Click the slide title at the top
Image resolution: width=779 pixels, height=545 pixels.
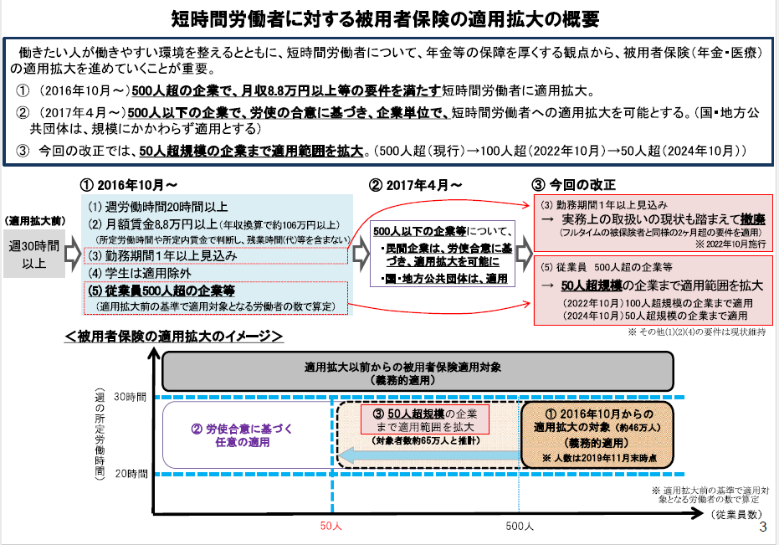click(x=389, y=18)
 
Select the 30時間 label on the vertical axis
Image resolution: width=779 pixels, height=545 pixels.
click(x=130, y=396)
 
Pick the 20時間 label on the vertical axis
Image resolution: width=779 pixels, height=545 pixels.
click(x=130, y=474)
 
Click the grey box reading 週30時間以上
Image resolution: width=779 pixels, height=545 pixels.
click(x=34, y=255)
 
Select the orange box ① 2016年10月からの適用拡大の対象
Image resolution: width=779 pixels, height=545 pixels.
click(x=596, y=434)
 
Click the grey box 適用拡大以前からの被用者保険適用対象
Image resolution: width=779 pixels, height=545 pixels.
click(x=416, y=373)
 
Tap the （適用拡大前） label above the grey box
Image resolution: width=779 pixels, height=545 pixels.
click(x=34, y=222)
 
